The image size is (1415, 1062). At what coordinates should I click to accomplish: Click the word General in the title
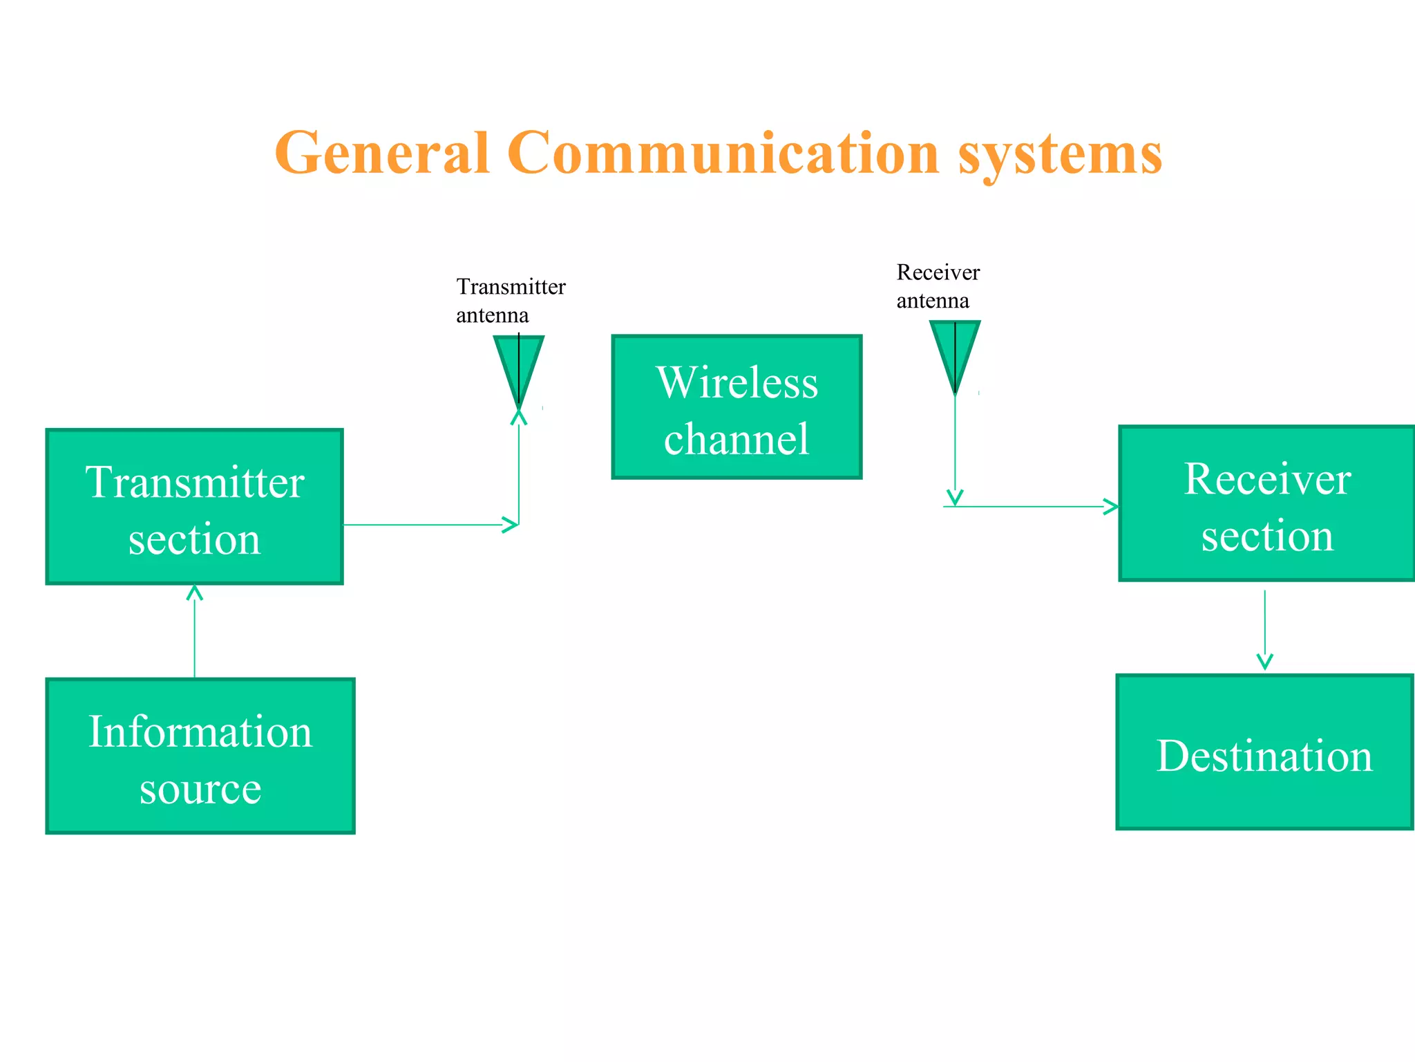(x=382, y=153)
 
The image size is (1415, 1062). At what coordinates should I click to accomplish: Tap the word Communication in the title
(x=723, y=153)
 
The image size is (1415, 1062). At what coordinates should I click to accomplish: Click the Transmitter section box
(x=194, y=507)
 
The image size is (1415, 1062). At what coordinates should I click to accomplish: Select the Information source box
(x=200, y=756)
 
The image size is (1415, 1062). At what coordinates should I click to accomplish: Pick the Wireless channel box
(x=737, y=407)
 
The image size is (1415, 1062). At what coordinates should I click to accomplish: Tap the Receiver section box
(x=1266, y=504)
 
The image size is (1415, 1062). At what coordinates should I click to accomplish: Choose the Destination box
(x=1264, y=753)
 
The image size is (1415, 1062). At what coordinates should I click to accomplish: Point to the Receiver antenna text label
(x=937, y=286)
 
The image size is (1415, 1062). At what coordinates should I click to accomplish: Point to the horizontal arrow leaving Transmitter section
(x=428, y=525)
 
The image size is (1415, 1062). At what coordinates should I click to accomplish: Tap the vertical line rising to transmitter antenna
(x=519, y=470)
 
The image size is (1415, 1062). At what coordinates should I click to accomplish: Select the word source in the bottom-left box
(x=200, y=789)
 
